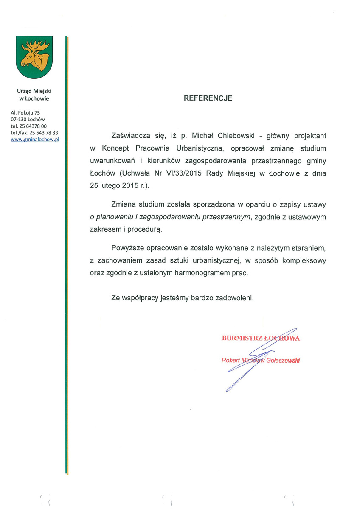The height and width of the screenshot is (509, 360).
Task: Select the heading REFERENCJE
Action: coord(208,98)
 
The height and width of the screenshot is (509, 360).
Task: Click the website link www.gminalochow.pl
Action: coord(34,139)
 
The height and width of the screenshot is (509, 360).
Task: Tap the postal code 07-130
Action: coord(20,119)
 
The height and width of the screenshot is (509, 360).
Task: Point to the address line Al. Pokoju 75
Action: coord(25,112)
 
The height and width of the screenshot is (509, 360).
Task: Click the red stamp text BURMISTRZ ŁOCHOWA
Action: coord(261,338)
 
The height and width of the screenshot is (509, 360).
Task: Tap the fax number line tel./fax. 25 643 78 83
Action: coord(34,133)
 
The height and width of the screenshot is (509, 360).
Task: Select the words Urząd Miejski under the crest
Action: coord(34,91)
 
